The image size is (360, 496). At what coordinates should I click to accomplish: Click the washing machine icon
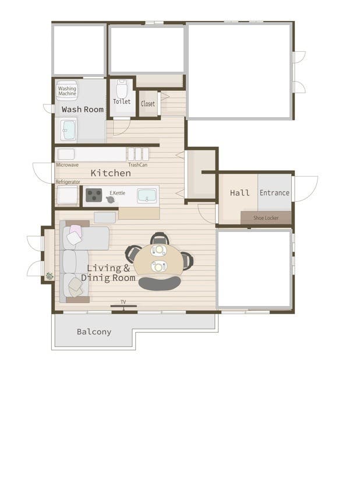point(66,90)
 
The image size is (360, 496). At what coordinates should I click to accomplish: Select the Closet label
point(148,104)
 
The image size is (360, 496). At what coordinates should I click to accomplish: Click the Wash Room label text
point(83,110)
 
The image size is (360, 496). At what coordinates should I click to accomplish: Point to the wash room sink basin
point(69,130)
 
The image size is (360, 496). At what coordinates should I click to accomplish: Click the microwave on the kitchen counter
point(66,154)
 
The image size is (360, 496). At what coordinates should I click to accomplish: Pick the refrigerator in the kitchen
point(67,195)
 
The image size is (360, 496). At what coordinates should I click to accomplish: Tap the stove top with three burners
point(94,195)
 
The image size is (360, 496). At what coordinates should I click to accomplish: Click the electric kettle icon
point(110,199)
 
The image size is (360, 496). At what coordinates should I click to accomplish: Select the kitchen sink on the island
point(147,196)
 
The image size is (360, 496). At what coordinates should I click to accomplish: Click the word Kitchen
point(111,173)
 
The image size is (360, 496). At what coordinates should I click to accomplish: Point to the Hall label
point(239,193)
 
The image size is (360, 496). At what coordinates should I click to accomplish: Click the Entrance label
point(274,193)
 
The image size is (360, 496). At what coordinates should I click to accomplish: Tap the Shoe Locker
point(266,217)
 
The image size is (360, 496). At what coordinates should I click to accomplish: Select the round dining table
point(158,259)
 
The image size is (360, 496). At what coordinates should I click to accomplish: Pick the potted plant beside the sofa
point(50,276)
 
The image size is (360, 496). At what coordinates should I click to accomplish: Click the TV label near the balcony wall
point(123,302)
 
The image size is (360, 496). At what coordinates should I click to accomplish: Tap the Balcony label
point(94,332)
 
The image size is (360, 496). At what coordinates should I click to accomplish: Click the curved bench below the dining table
point(160,283)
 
